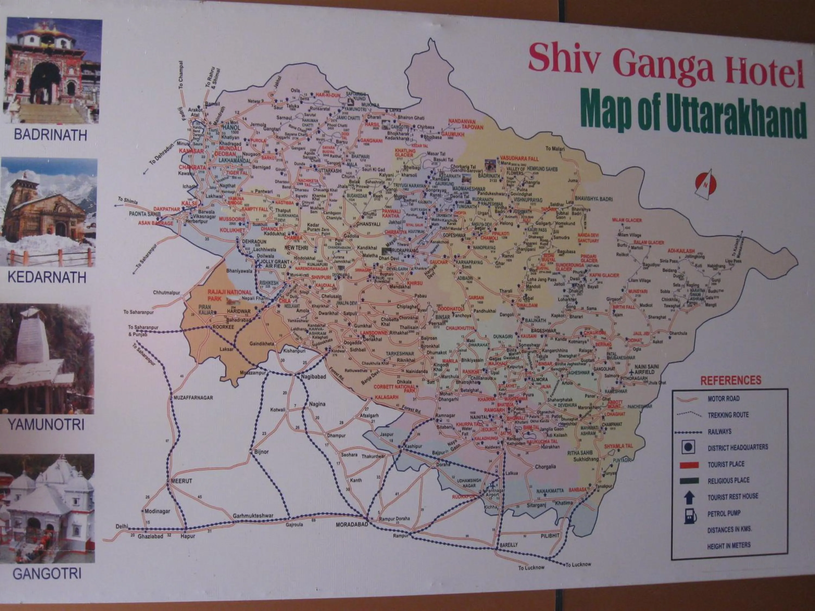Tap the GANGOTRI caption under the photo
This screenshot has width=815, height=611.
[47, 574]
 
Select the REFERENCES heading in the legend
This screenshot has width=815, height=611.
[730, 380]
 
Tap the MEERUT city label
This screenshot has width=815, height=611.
[182, 481]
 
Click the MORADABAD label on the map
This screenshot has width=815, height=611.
[352, 524]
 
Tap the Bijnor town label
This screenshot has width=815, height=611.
[261, 452]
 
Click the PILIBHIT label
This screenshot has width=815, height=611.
[550, 536]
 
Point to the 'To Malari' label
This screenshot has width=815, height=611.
[555, 149]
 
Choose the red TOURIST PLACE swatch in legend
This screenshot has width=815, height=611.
[689, 465]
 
